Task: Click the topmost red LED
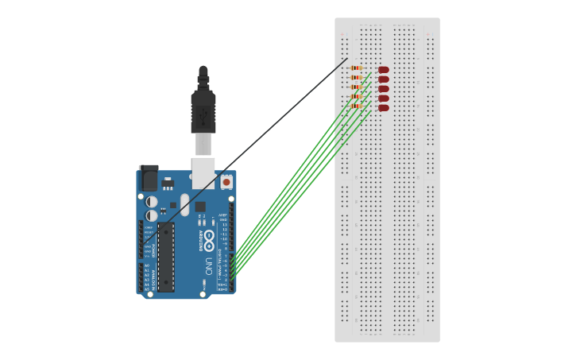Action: pyautogui.click(x=384, y=70)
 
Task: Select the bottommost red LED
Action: pyautogui.click(x=384, y=108)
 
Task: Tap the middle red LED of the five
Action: pyautogui.click(x=384, y=89)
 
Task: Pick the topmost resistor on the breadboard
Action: pyautogui.click(x=357, y=68)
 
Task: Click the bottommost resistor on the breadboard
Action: pyautogui.click(x=357, y=106)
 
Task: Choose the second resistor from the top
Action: pyautogui.click(x=357, y=78)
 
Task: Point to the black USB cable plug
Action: pyautogui.click(x=203, y=111)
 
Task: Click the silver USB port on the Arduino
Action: pyautogui.click(x=203, y=172)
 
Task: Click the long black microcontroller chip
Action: pyautogui.click(x=166, y=257)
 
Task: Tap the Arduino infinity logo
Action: pyautogui.click(x=208, y=236)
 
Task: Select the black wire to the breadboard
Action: pyautogui.click(x=254, y=140)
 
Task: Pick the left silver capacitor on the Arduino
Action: pyautogui.click(x=151, y=202)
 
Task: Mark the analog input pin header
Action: pyautogui.click(x=141, y=277)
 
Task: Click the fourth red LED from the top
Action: pyautogui.click(x=384, y=99)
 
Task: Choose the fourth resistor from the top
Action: pyautogui.click(x=357, y=96)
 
